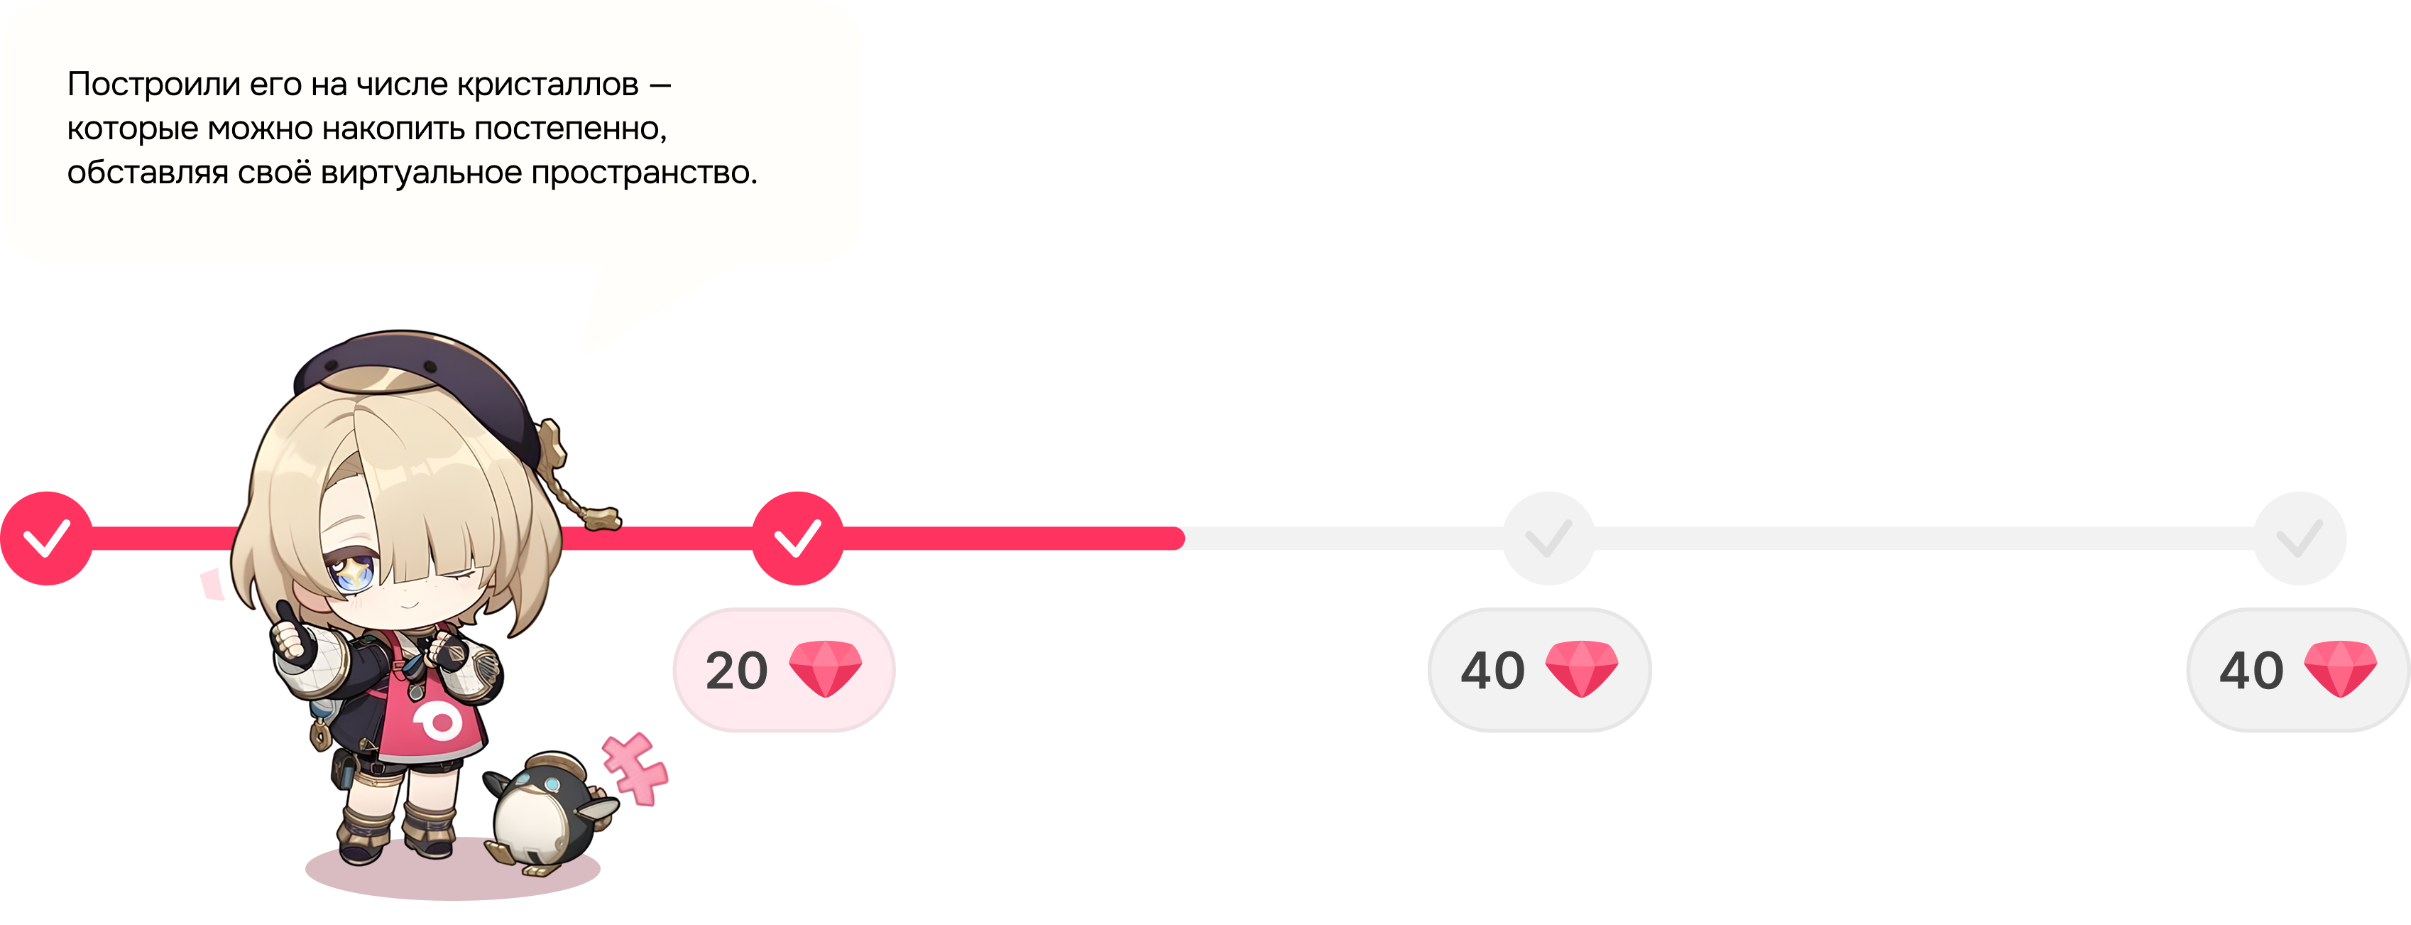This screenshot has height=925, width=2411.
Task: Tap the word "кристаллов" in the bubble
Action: click(547, 85)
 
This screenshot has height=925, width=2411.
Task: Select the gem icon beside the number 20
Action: click(824, 669)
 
